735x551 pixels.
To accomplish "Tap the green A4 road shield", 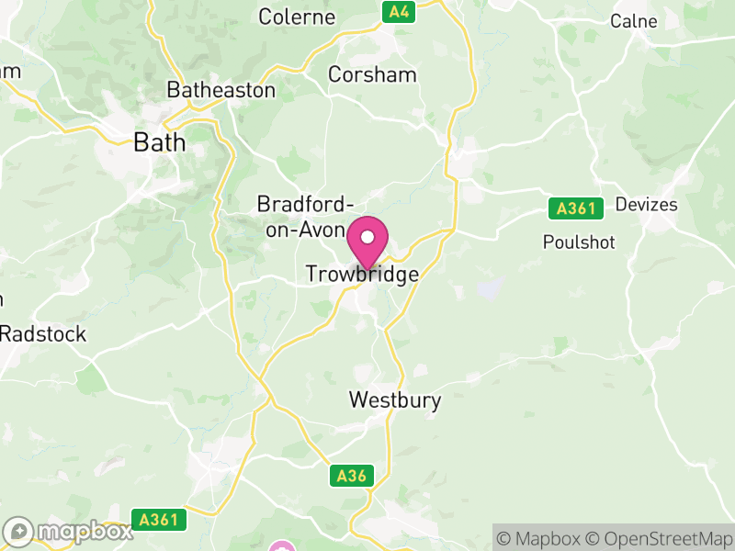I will [399, 12].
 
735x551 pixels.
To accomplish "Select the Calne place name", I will [634, 20].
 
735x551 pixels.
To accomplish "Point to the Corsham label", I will [372, 74].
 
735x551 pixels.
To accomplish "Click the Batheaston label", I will [220, 90].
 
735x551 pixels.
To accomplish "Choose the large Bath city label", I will [159, 142].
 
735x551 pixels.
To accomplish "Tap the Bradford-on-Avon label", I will [305, 216].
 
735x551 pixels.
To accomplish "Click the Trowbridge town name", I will [361, 275].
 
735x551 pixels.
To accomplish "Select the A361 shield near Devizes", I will [576, 208].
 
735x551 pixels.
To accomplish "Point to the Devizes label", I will [647, 204].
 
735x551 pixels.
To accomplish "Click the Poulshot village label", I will [579, 242].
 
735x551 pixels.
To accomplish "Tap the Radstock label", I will [42, 333].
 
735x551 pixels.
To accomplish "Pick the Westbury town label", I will [395, 400].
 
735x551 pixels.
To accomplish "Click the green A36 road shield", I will [352, 476].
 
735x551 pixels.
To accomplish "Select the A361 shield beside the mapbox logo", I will [158, 520].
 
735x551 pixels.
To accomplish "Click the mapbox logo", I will [69, 532].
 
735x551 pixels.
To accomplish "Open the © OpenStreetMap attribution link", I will [660, 538].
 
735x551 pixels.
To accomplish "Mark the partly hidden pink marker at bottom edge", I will [282, 546].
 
